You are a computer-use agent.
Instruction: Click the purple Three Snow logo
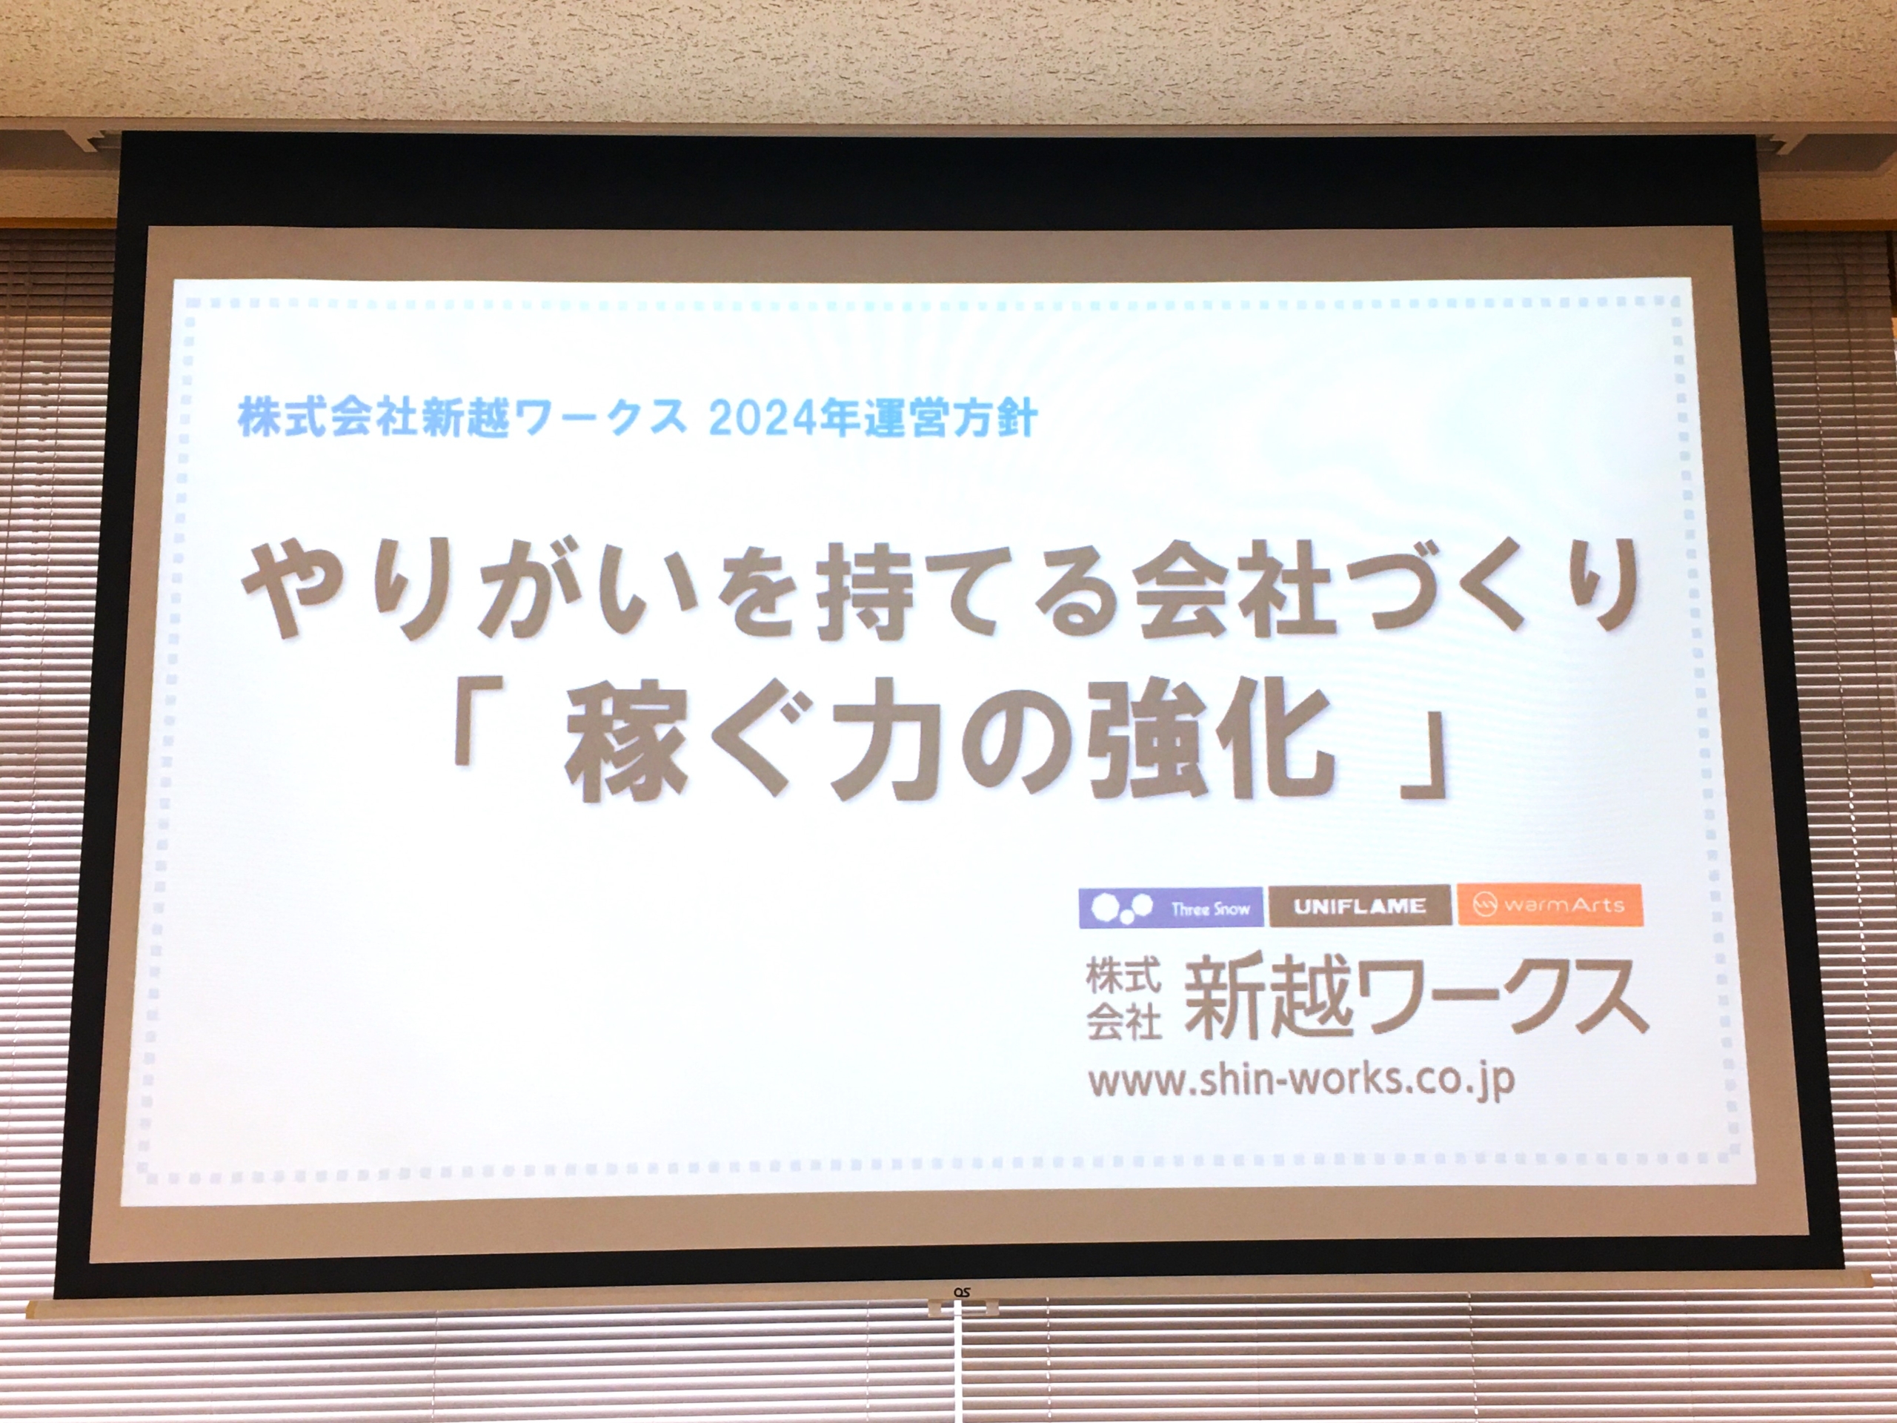[x=1171, y=907]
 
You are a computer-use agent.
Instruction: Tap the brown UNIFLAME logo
[x=1361, y=906]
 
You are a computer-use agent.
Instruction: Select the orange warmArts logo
[x=1550, y=905]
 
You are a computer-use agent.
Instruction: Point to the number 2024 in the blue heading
[x=760, y=420]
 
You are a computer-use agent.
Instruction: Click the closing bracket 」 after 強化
[x=1423, y=759]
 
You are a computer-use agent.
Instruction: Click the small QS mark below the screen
[x=963, y=1290]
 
